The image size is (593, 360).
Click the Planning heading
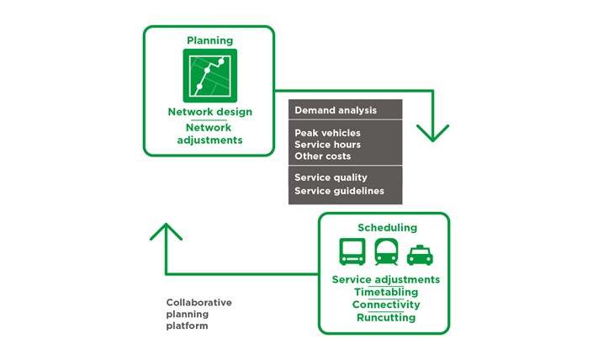210,40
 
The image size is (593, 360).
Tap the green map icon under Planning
210,76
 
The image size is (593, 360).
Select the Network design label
210,112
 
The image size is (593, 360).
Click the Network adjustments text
209,134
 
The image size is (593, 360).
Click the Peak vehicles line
327,133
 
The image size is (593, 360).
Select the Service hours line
327,145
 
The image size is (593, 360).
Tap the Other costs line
323,156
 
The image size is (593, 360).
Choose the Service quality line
331,177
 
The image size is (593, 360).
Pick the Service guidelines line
339,191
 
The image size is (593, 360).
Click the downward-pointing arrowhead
432,133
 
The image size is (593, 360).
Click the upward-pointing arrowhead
166,231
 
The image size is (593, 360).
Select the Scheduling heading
387,228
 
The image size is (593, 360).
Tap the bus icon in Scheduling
352,251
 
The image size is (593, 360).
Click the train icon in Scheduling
386,251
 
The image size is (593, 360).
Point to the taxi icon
420,255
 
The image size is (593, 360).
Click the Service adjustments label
386,279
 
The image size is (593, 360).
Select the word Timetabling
386,292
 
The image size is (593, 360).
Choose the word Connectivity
386,304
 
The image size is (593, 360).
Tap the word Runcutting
386,317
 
